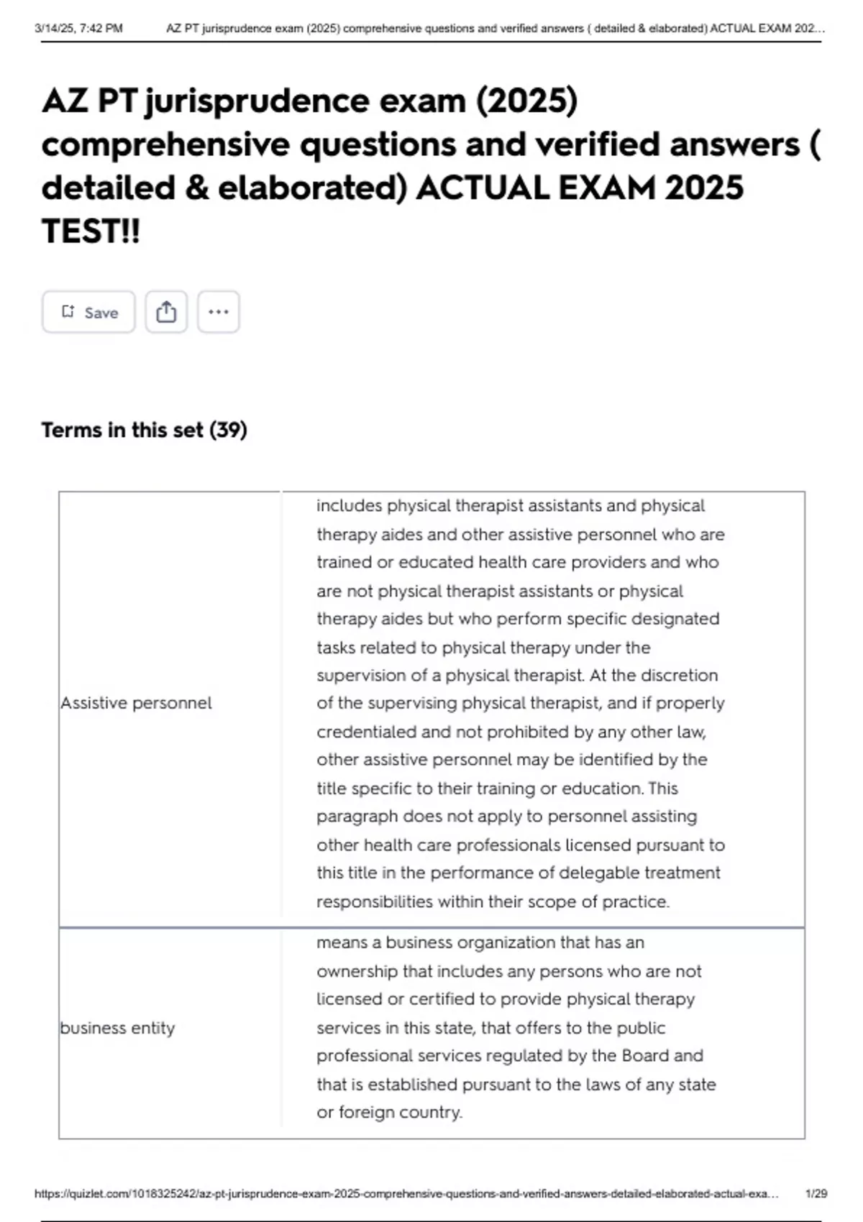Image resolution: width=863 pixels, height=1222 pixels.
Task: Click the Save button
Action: point(88,312)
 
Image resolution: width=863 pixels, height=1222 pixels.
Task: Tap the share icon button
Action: point(166,312)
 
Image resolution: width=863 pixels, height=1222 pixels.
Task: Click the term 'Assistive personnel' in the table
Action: point(136,703)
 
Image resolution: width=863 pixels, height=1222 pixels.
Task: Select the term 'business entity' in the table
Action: point(117,1028)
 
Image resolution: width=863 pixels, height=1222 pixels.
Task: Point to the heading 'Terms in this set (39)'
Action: point(144,430)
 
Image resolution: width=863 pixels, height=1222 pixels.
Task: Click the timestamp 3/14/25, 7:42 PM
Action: point(78,29)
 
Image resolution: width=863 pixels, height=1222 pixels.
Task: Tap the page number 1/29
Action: point(816,1193)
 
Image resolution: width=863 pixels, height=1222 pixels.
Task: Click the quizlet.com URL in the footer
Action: point(406,1193)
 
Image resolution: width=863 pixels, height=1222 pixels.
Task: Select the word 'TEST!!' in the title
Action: point(91,231)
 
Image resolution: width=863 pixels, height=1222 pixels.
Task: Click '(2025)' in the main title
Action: point(526,101)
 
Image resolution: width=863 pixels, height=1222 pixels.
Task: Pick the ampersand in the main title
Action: point(196,188)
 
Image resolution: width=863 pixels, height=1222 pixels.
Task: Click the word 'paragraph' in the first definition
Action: point(356,817)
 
